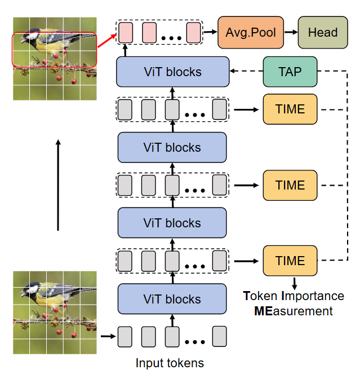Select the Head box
point(323,33)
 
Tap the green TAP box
point(290,72)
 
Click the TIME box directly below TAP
point(290,109)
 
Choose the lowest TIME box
point(290,261)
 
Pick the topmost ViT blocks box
point(172,72)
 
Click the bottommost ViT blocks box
point(172,299)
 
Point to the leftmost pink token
point(125,32)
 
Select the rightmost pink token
point(193,32)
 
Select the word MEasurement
point(293,311)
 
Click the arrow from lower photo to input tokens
point(107,337)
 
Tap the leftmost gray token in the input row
point(125,337)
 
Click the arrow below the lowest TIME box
point(294,281)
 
